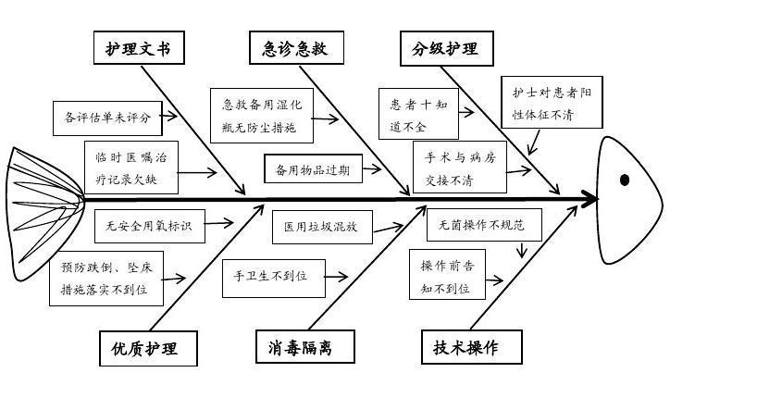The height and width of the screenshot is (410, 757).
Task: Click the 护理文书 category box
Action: coord(139,48)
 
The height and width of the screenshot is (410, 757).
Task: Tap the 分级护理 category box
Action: coord(446,48)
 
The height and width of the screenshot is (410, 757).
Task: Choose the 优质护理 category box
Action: coord(148,349)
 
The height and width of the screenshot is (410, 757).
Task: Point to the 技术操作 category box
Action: coord(465,347)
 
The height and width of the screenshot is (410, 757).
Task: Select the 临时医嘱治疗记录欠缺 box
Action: coord(132,167)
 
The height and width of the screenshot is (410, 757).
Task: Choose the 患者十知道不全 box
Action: coord(418,115)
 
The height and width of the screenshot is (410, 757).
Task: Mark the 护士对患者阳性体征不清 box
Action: coord(552,103)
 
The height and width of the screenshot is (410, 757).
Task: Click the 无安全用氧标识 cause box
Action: coord(149,225)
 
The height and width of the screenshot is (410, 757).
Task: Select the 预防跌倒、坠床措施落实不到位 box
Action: coord(107,279)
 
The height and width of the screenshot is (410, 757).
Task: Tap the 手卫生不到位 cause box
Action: coord(274,278)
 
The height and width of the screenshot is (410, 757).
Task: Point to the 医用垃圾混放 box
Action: coord(320,226)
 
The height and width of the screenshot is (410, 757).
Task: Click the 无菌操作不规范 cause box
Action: coord(481,224)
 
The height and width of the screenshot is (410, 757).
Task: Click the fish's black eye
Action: coord(625,180)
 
